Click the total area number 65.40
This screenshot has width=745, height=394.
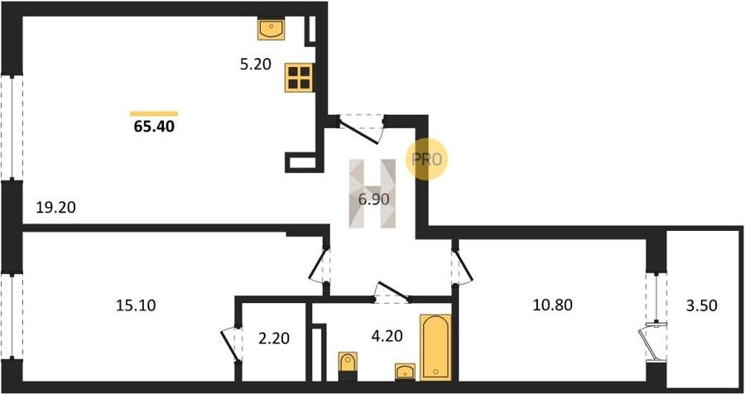click(x=154, y=127)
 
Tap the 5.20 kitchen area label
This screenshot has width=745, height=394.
click(x=255, y=64)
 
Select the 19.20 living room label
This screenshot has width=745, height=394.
click(x=56, y=207)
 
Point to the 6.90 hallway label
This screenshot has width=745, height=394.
click(x=374, y=199)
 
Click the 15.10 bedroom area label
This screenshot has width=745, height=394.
click(x=136, y=305)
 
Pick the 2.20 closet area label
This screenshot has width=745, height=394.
click(x=274, y=339)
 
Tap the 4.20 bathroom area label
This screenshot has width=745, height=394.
click(x=387, y=336)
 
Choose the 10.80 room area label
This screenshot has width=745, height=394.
click(x=553, y=305)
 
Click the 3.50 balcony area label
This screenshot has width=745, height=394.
click(x=701, y=305)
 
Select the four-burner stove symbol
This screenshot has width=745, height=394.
click(x=300, y=78)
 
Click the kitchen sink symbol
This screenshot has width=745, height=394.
click(x=271, y=29)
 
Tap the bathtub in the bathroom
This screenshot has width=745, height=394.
click(x=435, y=347)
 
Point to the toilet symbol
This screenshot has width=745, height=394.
click(x=348, y=366)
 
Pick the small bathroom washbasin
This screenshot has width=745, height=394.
click(x=406, y=372)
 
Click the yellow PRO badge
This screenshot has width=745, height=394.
click(x=426, y=159)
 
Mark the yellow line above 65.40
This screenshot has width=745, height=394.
click(x=154, y=113)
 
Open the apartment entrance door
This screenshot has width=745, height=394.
click(x=361, y=129)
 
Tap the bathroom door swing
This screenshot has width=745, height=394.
click(x=392, y=293)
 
